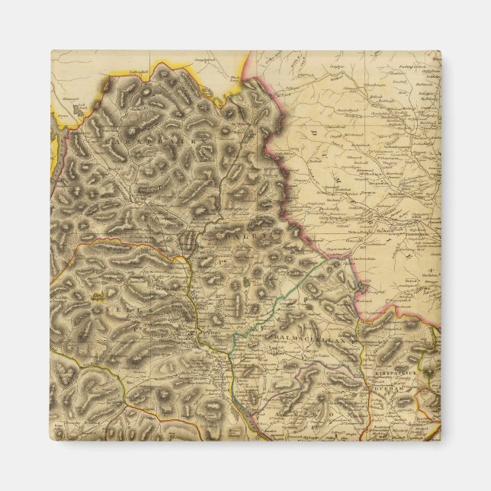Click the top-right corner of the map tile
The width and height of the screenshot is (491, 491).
[440, 52]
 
